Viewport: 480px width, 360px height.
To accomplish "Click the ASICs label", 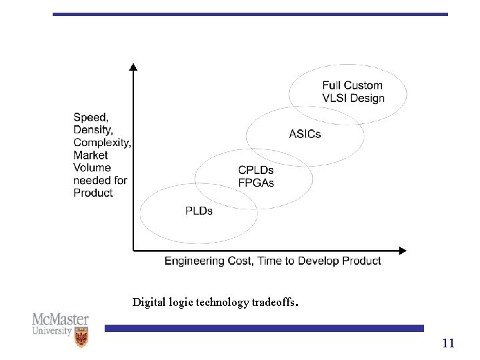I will click(305, 134).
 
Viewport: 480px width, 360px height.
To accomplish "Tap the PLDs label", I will click(199, 211).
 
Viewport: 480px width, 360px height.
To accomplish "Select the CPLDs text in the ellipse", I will click(256, 171).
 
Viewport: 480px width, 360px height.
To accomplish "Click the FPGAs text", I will click(256, 183).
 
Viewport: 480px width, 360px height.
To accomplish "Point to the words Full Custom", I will click(352, 85).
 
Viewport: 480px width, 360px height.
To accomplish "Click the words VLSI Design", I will click(353, 98).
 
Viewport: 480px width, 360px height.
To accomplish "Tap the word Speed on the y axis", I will click(91, 118).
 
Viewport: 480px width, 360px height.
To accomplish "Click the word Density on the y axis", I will click(93, 130).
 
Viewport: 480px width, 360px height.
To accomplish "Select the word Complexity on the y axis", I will click(101, 143).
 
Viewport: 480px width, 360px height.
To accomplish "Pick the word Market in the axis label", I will click(90, 155).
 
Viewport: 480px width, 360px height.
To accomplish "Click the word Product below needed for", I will click(93, 193).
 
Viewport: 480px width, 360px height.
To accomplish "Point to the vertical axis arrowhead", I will click(133, 67).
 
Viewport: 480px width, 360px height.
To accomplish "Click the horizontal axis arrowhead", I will click(402, 251).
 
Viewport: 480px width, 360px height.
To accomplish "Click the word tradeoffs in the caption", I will click(273, 302).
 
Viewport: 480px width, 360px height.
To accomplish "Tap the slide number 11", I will click(448, 343).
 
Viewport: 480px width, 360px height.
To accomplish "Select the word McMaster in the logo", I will click(60, 319).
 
